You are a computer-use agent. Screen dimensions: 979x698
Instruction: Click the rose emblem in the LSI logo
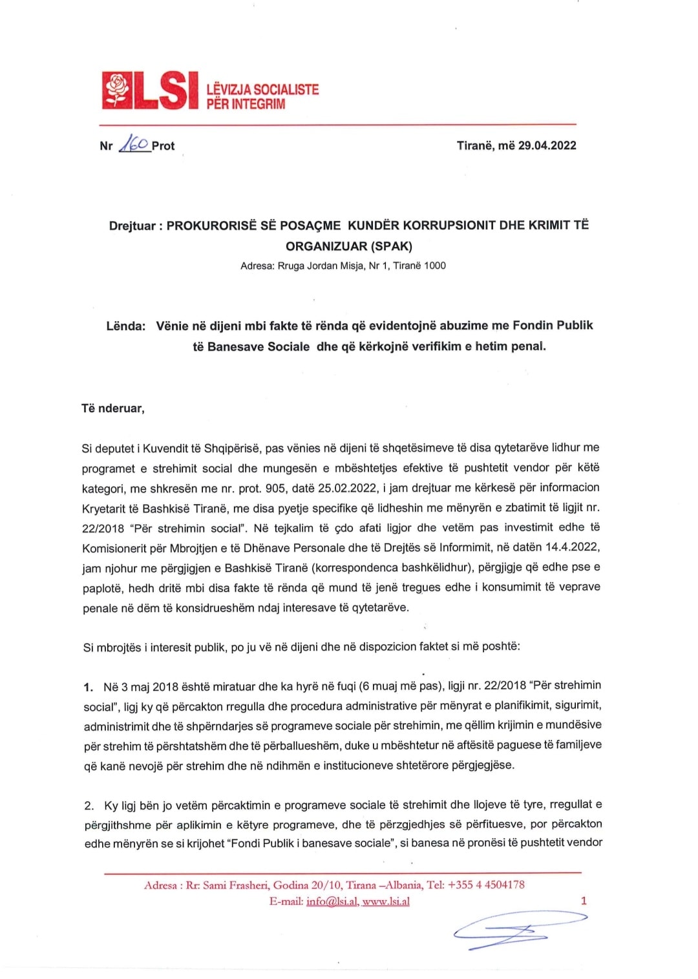(117, 90)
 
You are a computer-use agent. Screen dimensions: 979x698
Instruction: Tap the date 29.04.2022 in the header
(547, 145)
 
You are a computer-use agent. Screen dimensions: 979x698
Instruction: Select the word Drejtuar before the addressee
(132, 226)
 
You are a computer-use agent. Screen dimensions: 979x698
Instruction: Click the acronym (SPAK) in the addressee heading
(391, 246)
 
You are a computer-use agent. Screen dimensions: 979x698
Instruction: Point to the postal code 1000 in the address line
(435, 266)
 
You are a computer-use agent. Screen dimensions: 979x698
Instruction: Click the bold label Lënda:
(125, 326)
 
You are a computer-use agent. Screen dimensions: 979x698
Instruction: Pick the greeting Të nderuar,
(113, 408)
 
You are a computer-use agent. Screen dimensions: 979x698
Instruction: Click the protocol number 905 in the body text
(275, 488)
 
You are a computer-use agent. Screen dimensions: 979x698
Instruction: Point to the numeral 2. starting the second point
(89, 806)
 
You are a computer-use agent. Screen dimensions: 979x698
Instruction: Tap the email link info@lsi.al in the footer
(332, 901)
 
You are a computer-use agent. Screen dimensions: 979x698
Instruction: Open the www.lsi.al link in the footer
(386, 901)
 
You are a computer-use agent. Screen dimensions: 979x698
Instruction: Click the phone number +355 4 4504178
(486, 885)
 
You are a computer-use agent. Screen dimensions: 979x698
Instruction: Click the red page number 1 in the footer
(584, 901)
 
